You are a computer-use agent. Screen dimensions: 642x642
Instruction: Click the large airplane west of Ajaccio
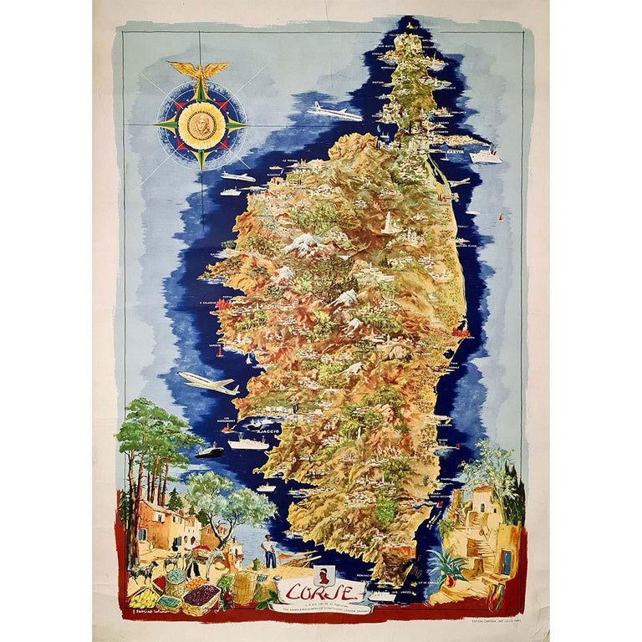click(x=208, y=382)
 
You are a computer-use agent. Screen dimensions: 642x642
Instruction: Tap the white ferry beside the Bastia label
click(x=485, y=155)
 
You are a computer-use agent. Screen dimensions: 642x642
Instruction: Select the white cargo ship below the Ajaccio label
click(x=248, y=443)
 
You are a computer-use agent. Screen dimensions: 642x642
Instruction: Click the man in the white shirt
click(x=270, y=552)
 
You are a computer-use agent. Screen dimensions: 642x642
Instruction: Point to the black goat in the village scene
click(x=144, y=571)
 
